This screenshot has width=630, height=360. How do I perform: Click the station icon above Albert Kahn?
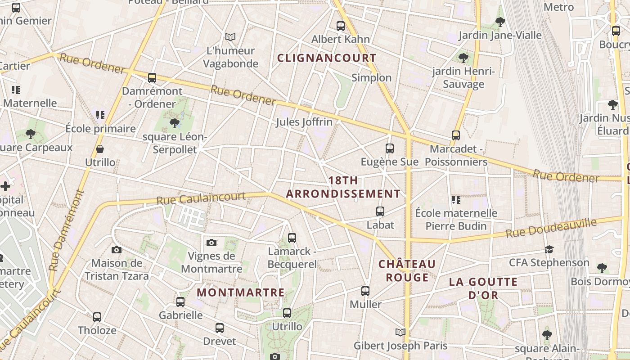341,26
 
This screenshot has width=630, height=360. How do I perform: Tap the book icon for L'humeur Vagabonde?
230,37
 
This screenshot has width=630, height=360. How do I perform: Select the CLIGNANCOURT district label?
326,58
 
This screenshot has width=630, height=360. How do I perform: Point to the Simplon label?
371,78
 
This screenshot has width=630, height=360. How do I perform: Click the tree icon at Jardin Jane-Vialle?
500,22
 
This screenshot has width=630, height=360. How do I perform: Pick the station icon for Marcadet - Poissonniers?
456,135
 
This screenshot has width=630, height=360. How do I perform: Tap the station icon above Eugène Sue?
390,148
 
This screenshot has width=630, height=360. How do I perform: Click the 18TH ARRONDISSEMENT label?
343,187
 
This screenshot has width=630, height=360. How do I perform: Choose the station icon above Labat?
380,211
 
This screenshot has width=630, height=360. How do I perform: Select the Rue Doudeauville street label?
551,229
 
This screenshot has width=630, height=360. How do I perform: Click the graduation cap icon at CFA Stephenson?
549,249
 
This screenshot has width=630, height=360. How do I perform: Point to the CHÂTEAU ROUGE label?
407,270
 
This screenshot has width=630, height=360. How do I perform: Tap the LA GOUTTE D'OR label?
483,288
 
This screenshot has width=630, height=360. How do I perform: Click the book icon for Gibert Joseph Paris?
400,333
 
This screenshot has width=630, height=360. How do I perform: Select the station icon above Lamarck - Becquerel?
292,238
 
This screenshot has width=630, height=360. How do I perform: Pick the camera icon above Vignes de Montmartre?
211,243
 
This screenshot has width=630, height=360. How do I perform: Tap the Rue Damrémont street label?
67,230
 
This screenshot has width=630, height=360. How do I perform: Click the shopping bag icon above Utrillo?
99,149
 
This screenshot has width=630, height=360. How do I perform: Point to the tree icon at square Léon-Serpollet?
175,123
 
